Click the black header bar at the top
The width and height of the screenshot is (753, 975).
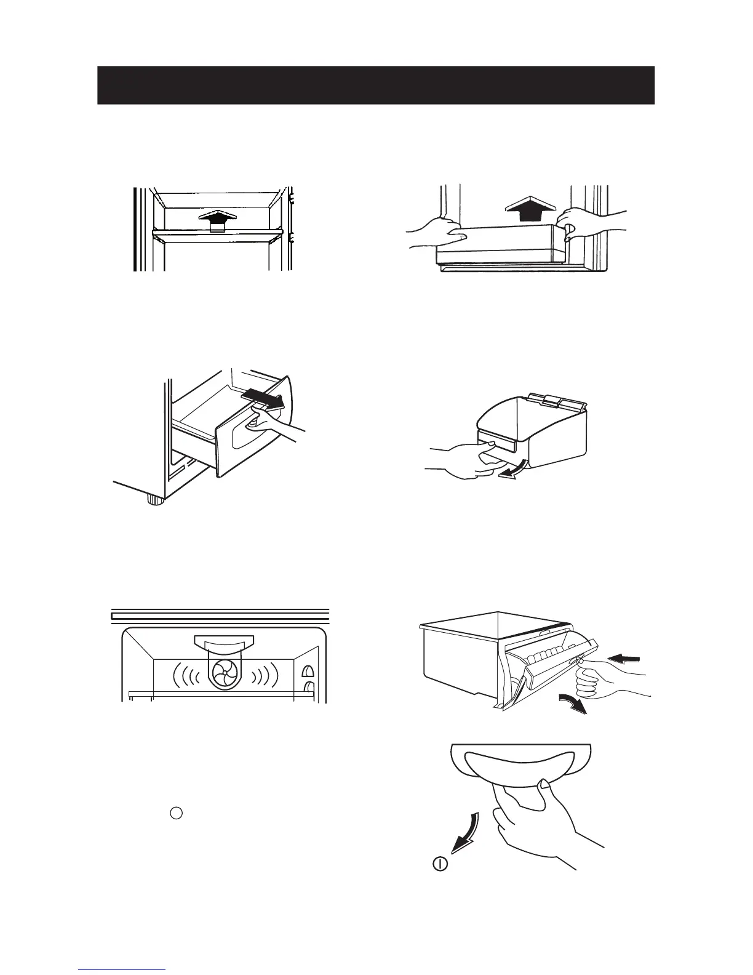375,85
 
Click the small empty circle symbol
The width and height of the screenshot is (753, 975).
176,812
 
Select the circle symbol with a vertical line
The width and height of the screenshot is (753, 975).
439,864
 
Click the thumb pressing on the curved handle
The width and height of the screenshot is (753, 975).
543,785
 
